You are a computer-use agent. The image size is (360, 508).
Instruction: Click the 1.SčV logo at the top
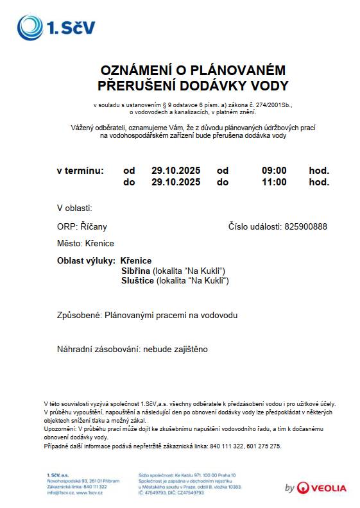coord(56,28)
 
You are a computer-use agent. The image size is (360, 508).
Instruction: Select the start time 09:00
coord(274,171)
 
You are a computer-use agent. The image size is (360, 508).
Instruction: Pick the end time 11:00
coord(274,182)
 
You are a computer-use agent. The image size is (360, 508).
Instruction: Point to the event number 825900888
coord(305,226)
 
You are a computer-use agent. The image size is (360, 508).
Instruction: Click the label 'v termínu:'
coord(80,171)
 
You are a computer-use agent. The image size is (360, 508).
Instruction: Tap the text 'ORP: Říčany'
coord(82,226)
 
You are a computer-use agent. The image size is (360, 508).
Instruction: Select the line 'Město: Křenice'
coord(85,244)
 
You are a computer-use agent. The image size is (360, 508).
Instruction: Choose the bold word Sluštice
coord(137,281)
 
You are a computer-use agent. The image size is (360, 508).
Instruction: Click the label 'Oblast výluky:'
coord(86,261)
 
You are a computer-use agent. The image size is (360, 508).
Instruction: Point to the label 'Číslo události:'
coord(255,226)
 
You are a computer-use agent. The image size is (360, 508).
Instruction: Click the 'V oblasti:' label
coord(75,208)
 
